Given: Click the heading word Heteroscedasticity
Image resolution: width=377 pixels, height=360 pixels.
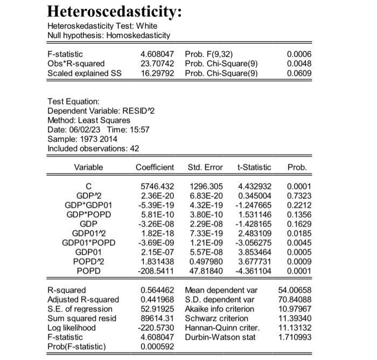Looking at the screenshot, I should (x=113, y=11).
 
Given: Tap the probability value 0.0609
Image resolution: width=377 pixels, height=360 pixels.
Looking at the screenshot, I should (x=300, y=73).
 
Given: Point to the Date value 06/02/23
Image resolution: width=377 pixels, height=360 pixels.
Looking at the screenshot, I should (x=82, y=129).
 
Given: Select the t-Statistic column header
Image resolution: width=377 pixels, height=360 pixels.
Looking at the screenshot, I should (x=254, y=168).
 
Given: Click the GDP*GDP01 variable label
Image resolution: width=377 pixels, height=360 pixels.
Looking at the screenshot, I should (x=88, y=205).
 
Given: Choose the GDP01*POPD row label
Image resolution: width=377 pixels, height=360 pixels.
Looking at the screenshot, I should (x=88, y=242).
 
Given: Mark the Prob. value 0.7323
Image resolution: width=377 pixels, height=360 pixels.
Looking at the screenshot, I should (x=300, y=196).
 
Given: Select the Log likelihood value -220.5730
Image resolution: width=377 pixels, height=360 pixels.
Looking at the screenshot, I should (x=155, y=327).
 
